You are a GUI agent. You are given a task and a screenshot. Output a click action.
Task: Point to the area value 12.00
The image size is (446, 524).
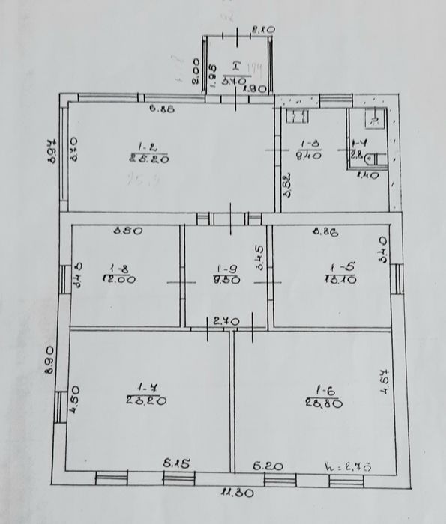pyautogui.click(x=118, y=278)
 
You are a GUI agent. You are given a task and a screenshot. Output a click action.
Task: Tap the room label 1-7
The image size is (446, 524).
pyautogui.click(x=145, y=388)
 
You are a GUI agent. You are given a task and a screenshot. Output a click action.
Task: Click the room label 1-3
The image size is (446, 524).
pyautogui.click(x=310, y=144)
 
